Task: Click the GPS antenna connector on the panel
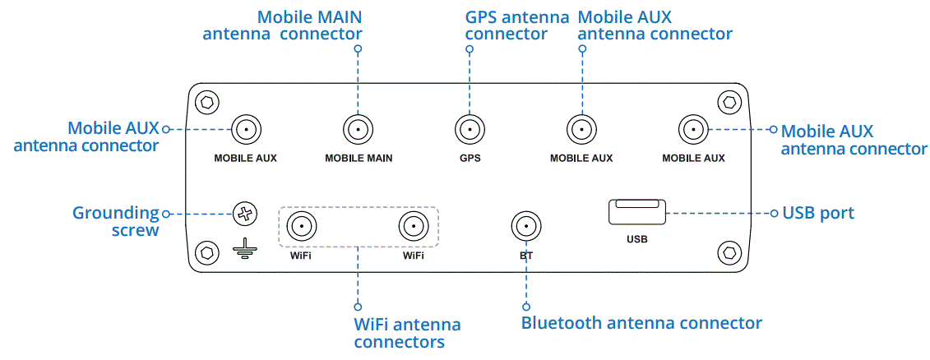click(x=469, y=129)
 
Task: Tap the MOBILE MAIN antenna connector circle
click(x=358, y=129)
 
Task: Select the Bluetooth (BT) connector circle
click(x=525, y=224)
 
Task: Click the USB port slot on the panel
click(x=635, y=212)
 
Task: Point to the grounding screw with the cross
click(x=245, y=214)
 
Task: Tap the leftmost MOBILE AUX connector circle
click(x=245, y=129)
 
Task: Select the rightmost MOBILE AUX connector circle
click(x=692, y=129)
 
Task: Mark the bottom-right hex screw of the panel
click(x=728, y=252)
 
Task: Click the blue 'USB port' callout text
click(x=818, y=214)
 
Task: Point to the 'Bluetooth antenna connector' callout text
click(x=641, y=323)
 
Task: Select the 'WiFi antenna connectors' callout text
click(x=407, y=333)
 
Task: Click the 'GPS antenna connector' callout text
click(x=516, y=25)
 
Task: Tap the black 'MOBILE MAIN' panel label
click(x=359, y=158)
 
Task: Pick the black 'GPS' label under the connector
click(x=470, y=158)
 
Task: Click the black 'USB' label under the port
click(x=636, y=240)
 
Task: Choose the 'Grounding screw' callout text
click(x=116, y=222)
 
